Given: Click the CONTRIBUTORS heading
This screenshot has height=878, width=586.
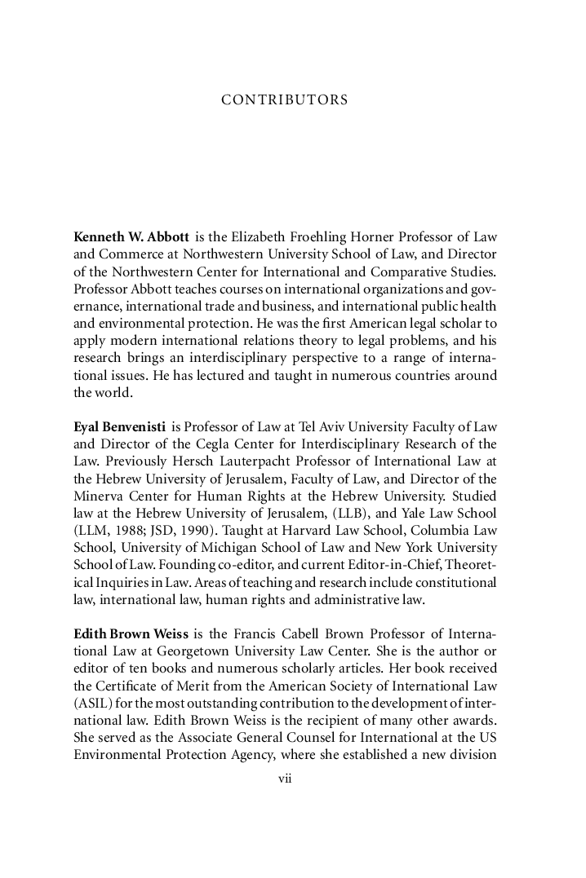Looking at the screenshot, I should coord(285,100).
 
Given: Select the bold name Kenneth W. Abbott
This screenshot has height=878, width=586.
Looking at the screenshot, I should coord(131,237).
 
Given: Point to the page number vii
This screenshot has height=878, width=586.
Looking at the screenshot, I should coord(285,779).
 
